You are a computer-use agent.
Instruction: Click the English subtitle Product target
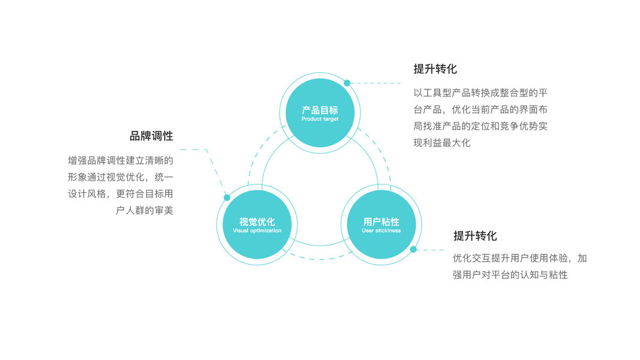pos(320,119)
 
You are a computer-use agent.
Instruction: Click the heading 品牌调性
pos(151,136)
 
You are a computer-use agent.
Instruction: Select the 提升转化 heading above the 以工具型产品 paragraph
pos(435,69)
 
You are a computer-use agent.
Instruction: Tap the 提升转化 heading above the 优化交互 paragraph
pos(475,236)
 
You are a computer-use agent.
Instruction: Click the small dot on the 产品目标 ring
pos(347,83)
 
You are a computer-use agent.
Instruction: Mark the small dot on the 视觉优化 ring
pos(227,197)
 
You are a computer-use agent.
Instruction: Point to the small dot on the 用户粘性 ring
pos(413,250)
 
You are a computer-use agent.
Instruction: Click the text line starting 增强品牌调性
pos(121,160)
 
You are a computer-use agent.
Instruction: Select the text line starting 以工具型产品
pos(480,93)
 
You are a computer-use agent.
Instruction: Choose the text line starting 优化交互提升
pos(519,259)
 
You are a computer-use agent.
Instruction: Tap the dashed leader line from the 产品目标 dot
pos(378,83)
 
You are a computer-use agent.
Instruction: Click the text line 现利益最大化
pos(442,143)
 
